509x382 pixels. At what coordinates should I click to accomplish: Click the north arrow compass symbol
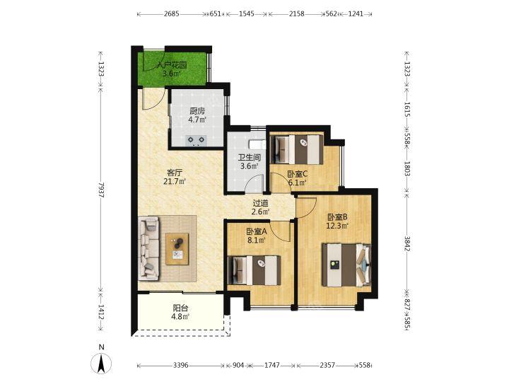click(101, 363)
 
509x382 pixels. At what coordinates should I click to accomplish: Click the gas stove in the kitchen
click(197, 140)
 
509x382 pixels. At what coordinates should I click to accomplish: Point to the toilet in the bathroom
click(257, 144)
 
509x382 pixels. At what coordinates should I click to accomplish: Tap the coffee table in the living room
click(177, 249)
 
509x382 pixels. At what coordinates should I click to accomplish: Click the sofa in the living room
click(149, 248)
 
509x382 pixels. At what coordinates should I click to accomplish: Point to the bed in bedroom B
click(346, 265)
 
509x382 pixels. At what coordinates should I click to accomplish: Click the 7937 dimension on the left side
click(101, 190)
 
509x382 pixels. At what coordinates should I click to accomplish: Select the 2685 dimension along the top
click(171, 14)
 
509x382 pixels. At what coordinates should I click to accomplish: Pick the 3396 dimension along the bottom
click(180, 366)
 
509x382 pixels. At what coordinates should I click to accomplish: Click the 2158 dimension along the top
click(297, 14)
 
